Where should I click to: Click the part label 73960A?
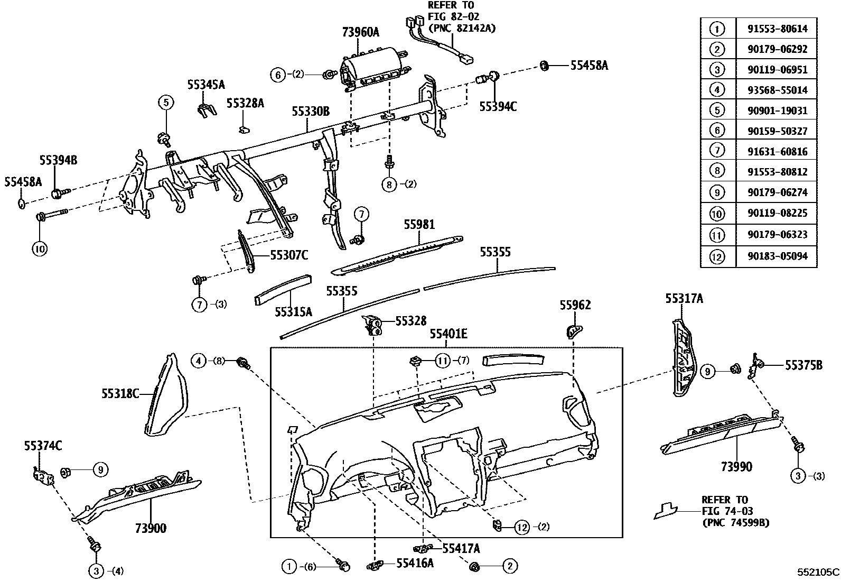360,32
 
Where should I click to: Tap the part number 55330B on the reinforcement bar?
311,112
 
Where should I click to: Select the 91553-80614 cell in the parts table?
777,29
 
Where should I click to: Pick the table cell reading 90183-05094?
777,256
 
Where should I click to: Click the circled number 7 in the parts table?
717,151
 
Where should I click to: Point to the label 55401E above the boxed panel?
448,334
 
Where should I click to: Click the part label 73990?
736,466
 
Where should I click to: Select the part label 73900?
150,528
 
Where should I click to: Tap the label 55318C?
120,393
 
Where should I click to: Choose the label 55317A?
684,299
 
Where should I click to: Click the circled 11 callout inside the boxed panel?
442,361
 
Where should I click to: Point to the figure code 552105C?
818,572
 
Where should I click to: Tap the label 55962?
575,305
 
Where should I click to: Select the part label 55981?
419,225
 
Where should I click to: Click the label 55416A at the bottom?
415,563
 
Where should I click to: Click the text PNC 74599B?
735,523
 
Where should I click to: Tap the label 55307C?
289,255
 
